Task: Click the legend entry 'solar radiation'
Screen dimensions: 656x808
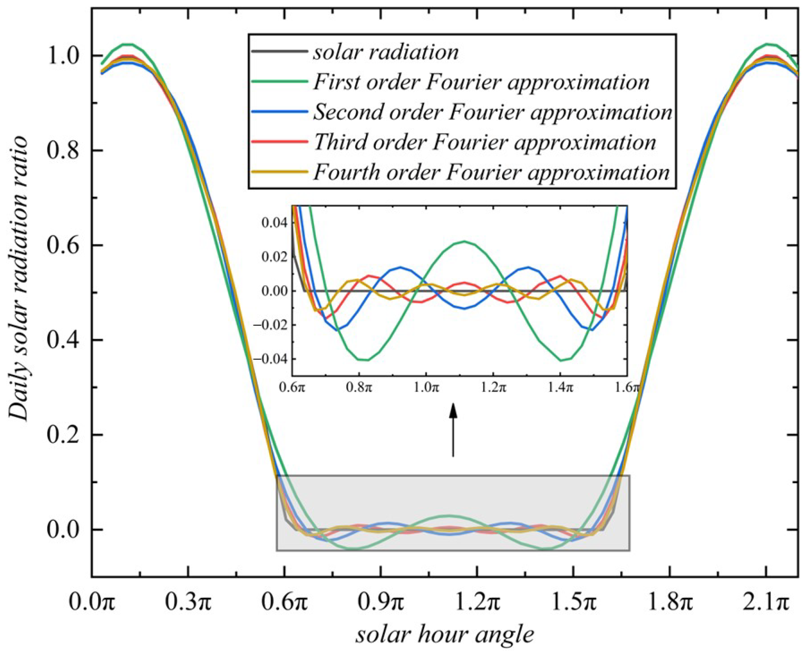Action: coord(386,52)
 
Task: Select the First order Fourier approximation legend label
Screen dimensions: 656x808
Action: coord(481,82)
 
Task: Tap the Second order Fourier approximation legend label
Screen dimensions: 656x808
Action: coord(493,112)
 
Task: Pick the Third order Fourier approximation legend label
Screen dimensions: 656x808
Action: coord(484,142)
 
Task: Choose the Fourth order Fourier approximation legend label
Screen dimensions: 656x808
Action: coord(491,172)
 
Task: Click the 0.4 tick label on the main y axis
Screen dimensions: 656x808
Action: coord(63,340)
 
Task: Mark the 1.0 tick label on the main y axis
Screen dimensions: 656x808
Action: coord(63,56)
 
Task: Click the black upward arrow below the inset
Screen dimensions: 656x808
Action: coord(453,430)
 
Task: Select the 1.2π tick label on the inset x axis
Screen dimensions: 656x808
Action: coord(493,388)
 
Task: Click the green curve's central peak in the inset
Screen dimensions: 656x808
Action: coord(465,241)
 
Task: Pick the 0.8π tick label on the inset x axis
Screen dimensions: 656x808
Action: coord(359,388)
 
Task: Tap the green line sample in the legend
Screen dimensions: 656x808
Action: coord(279,81)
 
